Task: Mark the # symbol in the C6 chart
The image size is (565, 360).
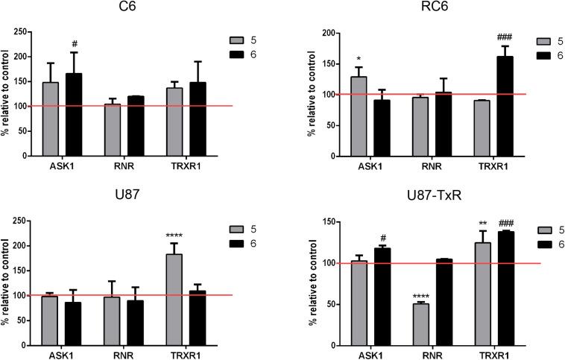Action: click(x=75, y=45)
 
